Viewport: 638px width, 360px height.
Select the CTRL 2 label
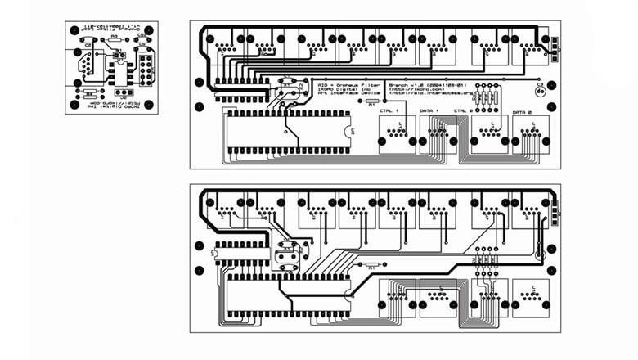(464, 110)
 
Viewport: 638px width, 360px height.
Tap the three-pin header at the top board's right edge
(554, 46)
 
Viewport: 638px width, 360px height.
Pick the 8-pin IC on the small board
(119, 73)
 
